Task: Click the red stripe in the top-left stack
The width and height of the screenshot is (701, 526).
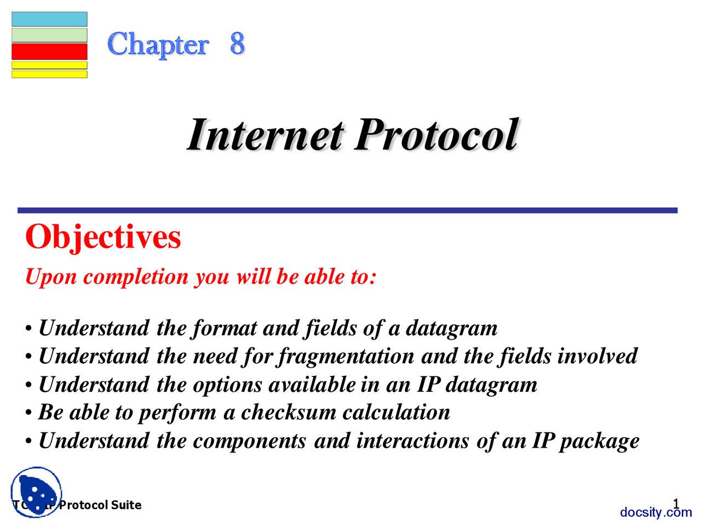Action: pos(49,52)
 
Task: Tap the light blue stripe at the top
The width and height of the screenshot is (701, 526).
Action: pos(49,19)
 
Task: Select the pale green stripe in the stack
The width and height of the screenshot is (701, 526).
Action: pos(49,35)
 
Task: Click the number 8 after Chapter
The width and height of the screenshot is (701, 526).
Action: pos(237,43)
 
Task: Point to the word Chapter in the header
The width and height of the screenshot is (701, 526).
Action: pos(158,45)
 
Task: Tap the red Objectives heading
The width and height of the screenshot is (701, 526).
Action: pos(103,237)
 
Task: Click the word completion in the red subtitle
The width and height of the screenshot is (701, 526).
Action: pos(136,277)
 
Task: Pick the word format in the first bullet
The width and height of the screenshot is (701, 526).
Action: pos(224,329)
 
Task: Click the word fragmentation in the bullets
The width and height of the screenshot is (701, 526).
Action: pos(346,357)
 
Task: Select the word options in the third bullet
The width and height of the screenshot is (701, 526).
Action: pos(227,385)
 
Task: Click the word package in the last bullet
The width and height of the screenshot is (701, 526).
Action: pos(599,442)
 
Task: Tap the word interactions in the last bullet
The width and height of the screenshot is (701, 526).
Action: pos(412,441)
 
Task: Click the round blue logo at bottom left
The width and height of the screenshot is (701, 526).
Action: pos(36,492)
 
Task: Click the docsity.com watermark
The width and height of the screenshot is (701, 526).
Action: pos(656,512)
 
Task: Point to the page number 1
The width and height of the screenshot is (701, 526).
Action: pos(676,504)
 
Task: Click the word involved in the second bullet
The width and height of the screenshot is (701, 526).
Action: pos(597,356)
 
